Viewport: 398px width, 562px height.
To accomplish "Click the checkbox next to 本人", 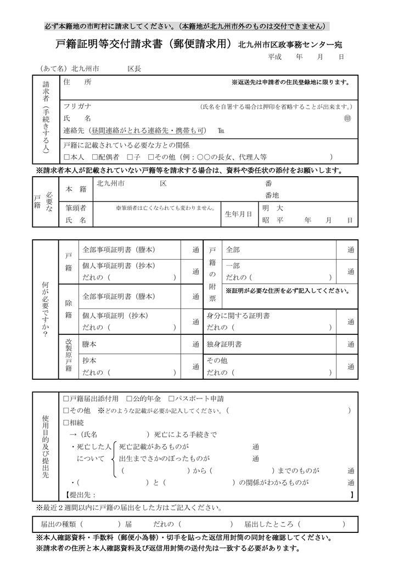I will pos(66,157).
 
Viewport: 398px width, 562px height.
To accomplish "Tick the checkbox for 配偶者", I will pos(96,157).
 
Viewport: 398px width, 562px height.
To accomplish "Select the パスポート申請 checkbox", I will pos(171,398).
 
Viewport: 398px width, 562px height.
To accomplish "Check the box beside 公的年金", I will pos(129,398).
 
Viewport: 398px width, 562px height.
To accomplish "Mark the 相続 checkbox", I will pos(66,423).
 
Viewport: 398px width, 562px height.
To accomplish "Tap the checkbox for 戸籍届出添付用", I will pos(66,398).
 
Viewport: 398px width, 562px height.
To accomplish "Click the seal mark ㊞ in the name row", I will pos(347,119).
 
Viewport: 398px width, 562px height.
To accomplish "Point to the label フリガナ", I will pos(77,106).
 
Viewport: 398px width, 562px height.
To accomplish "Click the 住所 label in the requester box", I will pos(77,82).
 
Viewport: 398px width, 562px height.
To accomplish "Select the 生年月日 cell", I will pos(238,214).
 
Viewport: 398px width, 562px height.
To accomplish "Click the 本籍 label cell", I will pos(76,189).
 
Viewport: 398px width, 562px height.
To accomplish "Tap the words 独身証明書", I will pos(224,344).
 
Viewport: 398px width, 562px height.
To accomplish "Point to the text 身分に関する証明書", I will pos(238,316).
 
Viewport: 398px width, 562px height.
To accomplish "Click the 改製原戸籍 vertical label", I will pos(69,355).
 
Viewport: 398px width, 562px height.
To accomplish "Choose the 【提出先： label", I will pos(81,494).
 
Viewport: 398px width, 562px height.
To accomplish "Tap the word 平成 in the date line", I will pos(274,57).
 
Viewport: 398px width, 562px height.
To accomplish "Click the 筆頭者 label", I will pos(76,208).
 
